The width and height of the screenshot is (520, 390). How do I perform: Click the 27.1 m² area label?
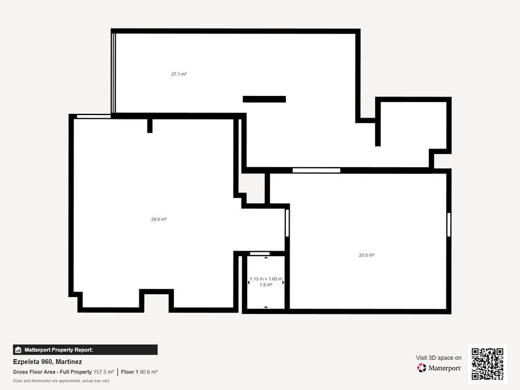(x=179, y=74)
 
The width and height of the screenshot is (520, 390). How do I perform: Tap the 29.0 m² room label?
(x=159, y=219)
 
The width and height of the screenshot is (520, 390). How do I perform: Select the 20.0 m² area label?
(x=366, y=255)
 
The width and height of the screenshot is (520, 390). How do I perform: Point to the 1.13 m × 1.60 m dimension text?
(x=266, y=279)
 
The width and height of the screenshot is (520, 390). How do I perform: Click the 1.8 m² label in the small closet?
(x=266, y=285)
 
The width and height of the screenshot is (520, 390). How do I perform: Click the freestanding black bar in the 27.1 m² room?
(x=264, y=99)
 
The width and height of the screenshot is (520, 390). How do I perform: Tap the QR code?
(x=488, y=364)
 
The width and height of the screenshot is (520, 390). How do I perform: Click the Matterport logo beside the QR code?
(x=439, y=368)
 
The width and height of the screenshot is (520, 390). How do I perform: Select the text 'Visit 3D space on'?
(x=439, y=358)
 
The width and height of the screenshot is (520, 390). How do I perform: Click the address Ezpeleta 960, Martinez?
(x=48, y=362)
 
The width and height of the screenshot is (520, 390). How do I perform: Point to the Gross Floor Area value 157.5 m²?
(x=103, y=372)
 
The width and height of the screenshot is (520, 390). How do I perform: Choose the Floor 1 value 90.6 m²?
(x=149, y=372)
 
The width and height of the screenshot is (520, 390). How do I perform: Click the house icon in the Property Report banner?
(x=18, y=350)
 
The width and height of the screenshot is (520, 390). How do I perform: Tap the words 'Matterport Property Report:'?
(x=59, y=350)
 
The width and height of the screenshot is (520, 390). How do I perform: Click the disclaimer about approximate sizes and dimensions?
(x=61, y=381)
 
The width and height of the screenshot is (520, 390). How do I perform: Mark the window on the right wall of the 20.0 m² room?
(x=449, y=225)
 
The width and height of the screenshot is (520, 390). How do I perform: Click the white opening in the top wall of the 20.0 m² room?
(x=316, y=170)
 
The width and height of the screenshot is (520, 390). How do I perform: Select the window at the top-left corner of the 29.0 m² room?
(x=94, y=116)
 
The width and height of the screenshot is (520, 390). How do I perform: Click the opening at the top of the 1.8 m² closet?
(x=259, y=254)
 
